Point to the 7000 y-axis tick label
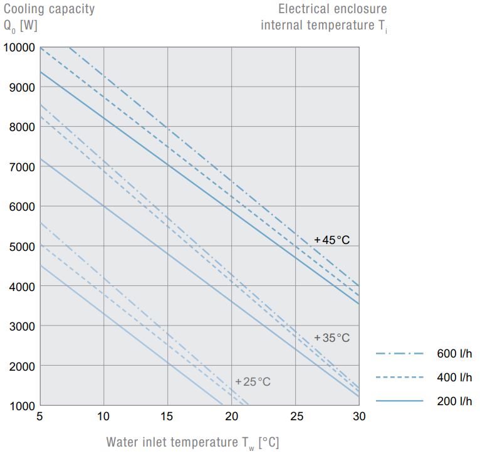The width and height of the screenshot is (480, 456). click(x=21, y=166)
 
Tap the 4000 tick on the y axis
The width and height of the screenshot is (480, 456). click(x=21, y=286)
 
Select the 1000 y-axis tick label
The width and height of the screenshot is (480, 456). click(x=21, y=405)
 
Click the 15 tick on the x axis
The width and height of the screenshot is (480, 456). click(x=167, y=416)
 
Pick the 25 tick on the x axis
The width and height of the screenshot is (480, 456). click(x=296, y=416)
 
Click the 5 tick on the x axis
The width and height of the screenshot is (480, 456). click(x=40, y=416)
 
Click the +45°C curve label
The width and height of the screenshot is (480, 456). click(x=331, y=240)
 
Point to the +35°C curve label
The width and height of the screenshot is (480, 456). click(x=331, y=338)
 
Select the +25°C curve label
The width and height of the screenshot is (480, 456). click(x=253, y=381)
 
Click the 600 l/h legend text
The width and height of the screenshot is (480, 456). click(x=454, y=354)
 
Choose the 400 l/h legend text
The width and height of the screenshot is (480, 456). click(x=454, y=378)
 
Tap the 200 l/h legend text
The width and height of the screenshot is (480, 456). click(x=454, y=401)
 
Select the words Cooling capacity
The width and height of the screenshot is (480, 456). click(x=50, y=9)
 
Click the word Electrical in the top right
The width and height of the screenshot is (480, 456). click(x=303, y=9)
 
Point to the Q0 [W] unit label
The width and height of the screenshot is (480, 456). click(x=21, y=26)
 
